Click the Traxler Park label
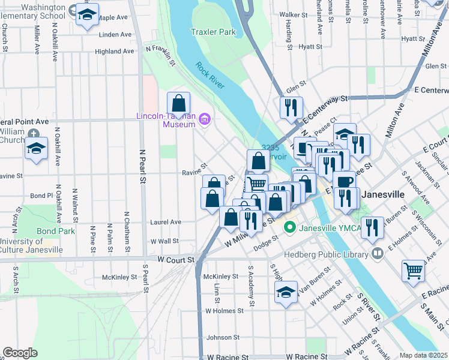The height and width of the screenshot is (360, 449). click(x=213, y=32)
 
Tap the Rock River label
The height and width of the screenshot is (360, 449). click(x=209, y=76)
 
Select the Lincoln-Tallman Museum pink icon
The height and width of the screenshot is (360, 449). click(x=204, y=120)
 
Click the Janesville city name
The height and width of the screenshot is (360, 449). click(x=386, y=194)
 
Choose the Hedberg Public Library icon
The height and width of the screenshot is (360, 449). click(x=378, y=253)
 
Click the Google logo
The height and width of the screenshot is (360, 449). click(x=20, y=352)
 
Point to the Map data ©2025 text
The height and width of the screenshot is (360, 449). click(x=423, y=355)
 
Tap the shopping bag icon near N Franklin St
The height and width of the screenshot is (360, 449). click(x=178, y=103)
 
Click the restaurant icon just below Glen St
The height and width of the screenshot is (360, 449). click(x=291, y=107)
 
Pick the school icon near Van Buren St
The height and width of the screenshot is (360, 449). click(x=286, y=292)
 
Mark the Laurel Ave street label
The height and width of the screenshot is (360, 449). click(x=166, y=221)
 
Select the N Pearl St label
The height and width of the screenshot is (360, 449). click(x=143, y=166)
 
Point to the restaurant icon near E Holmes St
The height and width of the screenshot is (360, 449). click(x=373, y=227)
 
